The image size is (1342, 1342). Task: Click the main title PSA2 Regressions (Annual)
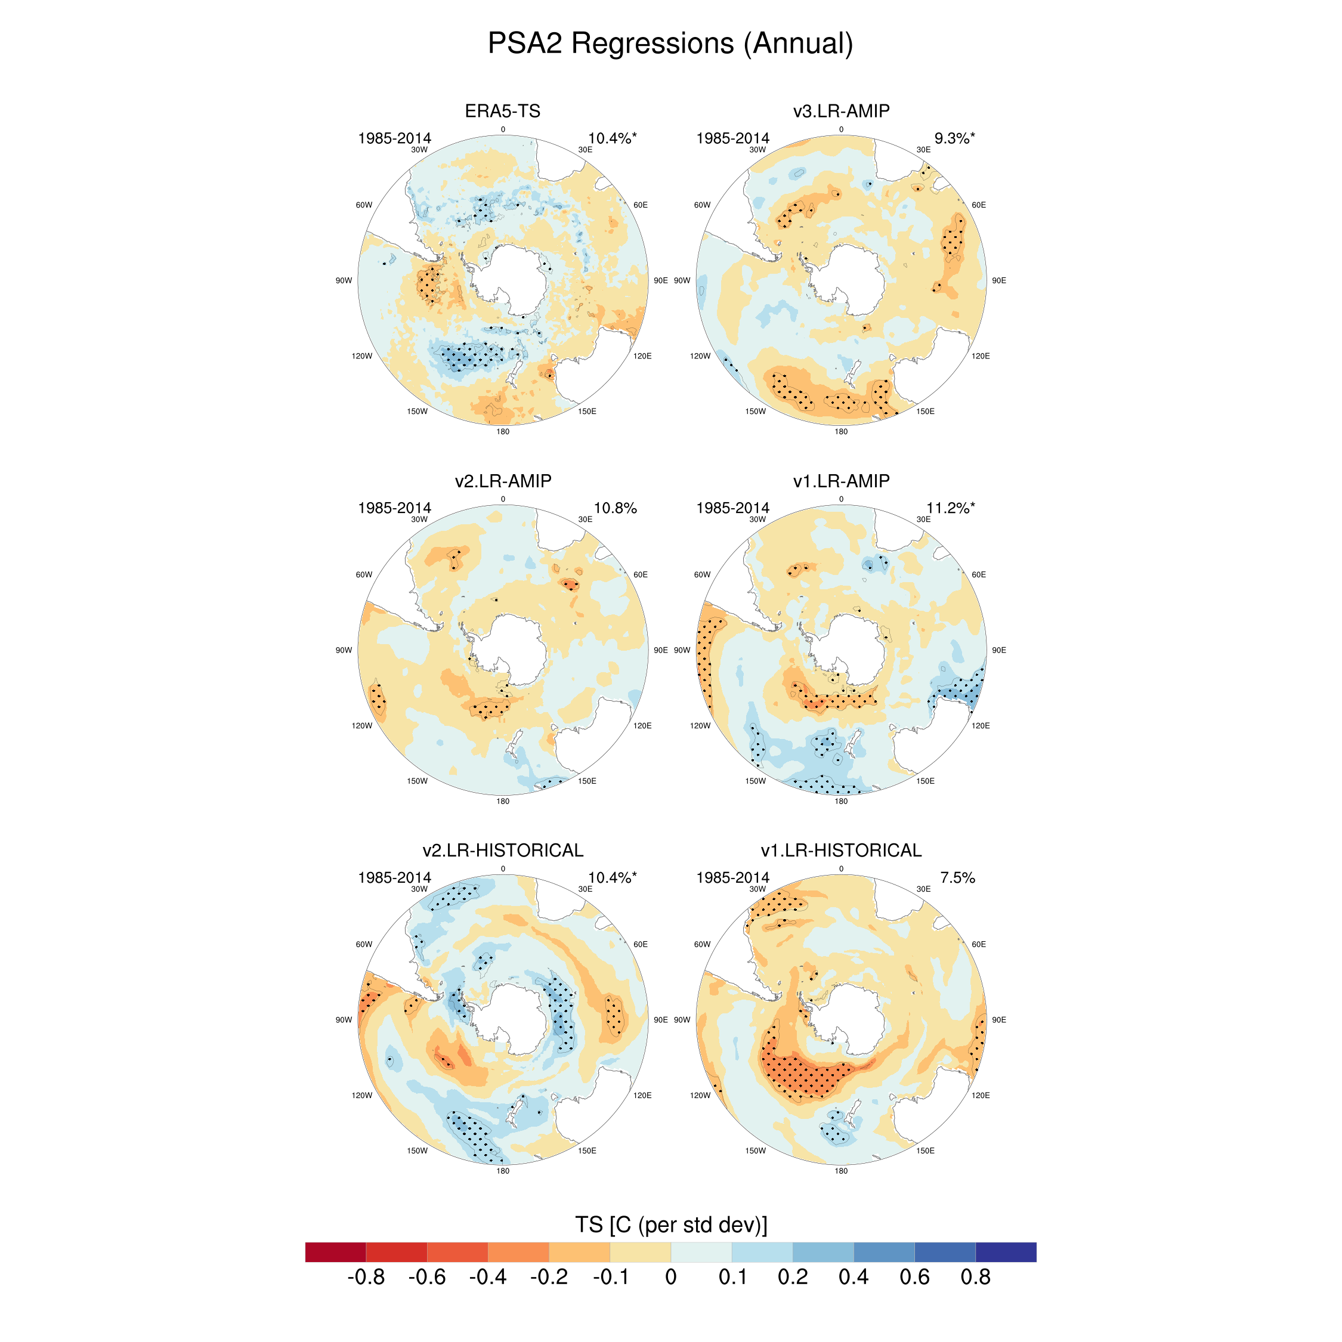click(670, 43)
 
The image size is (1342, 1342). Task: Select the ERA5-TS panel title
click(502, 111)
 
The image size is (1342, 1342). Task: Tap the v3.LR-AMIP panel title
click(841, 111)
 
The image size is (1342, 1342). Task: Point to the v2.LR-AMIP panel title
click(503, 481)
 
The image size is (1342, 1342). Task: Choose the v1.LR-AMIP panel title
click(841, 481)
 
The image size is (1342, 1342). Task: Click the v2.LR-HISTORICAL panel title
click(503, 850)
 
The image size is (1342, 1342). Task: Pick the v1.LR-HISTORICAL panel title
click(841, 850)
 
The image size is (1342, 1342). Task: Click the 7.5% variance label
click(957, 878)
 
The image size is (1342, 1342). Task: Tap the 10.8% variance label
click(615, 508)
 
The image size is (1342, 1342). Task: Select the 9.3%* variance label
click(954, 139)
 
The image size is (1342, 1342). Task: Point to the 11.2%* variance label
click(950, 508)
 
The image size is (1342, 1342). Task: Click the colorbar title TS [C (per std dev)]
click(671, 1225)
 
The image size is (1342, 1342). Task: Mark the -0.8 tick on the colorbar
click(366, 1277)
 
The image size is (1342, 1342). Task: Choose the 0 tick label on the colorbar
click(670, 1277)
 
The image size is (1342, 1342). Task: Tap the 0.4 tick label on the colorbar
click(854, 1277)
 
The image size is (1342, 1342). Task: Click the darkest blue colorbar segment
click(1006, 1252)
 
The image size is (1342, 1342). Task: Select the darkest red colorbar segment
click(335, 1252)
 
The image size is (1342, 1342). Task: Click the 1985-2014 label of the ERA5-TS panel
click(394, 139)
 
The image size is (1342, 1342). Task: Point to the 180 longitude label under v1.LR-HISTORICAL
click(841, 1171)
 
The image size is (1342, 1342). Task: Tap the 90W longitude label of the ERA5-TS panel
click(344, 280)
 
